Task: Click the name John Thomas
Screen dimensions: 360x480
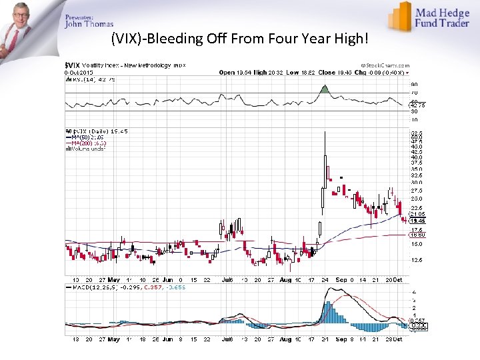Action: (x=89, y=25)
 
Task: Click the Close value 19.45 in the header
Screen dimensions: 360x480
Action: (x=346, y=72)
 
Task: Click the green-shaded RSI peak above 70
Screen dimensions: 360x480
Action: (x=325, y=89)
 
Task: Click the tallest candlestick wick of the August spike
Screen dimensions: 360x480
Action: (x=325, y=143)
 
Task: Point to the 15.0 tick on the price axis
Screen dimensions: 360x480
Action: (x=416, y=244)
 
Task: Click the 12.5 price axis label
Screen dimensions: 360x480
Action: (x=416, y=261)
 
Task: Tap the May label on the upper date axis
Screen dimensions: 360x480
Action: (x=113, y=279)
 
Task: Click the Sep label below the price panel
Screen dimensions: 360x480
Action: (x=343, y=279)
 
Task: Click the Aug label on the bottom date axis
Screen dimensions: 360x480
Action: (x=285, y=339)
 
